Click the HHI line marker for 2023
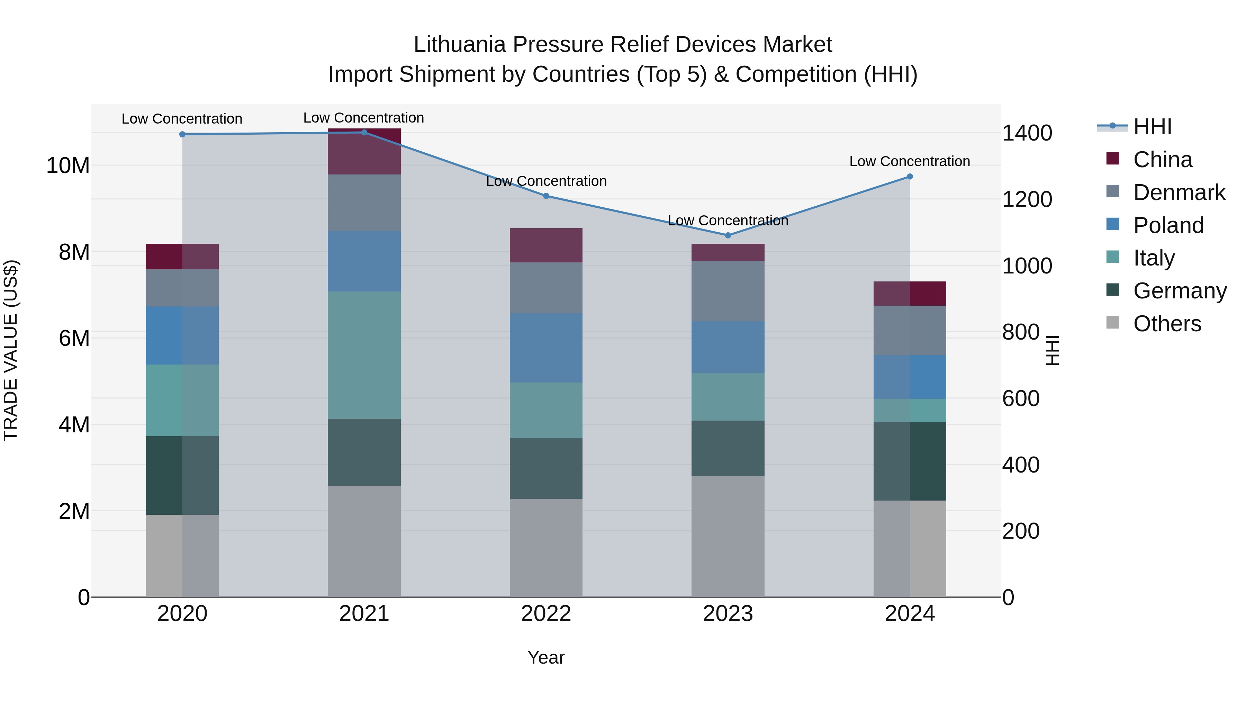pyautogui.click(x=728, y=235)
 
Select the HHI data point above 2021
pyautogui.click(x=364, y=132)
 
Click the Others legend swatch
pyautogui.click(x=1112, y=323)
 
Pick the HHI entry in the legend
pyautogui.click(x=1152, y=127)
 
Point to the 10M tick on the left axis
pyautogui.click(x=68, y=166)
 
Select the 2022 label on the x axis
pyautogui.click(x=546, y=614)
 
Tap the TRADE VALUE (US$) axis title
pyautogui.click(x=11, y=350)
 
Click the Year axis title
pyautogui.click(x=546, y=657)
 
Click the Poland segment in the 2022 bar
pyautogui.click(x=546, y=348)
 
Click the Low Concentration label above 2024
pyautogui.click(x=909, y=161)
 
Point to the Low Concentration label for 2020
pyautogui.click(x=182, y=118)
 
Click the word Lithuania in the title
pyautogui.click(x=460, y=45)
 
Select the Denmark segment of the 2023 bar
pyautogui.click(x=728, y=291)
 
